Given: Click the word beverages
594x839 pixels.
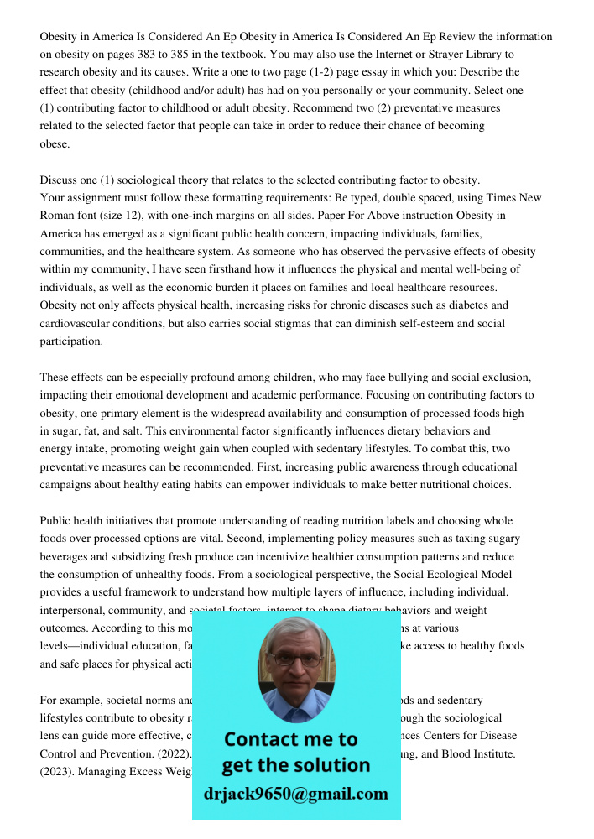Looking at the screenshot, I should pyautogui.click(x=66, y=556).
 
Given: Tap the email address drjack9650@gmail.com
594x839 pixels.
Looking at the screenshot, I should pyautogui.click(x=296, y=794).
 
